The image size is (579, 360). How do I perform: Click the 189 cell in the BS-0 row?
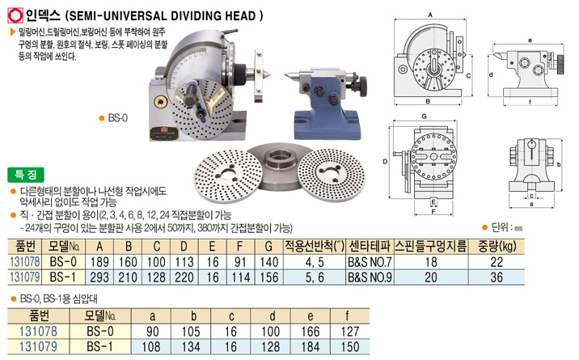pos(99,262)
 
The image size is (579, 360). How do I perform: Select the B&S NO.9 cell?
pos(370,277)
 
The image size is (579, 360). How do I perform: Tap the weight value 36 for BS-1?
pos(497,277)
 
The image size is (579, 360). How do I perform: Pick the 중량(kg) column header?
pos(497,246)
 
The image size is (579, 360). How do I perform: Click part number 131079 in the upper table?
pos(25,277)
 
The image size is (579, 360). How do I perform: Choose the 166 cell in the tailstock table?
pos(311,331)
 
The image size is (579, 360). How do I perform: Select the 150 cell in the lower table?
pos(349,346)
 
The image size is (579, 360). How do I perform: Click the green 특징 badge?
pos(26,175)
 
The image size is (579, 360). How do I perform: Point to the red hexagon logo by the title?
pos(15,16)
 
